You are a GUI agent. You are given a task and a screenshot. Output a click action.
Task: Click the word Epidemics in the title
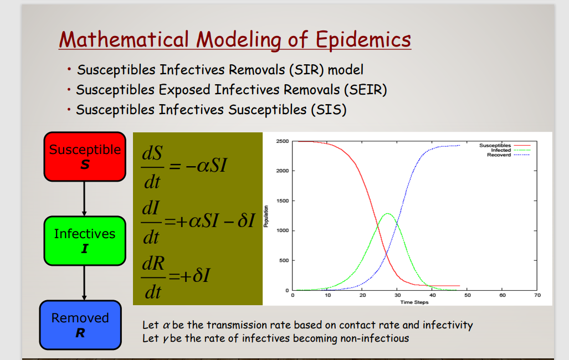point(363,40)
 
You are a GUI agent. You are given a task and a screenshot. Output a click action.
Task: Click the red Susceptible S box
point(85,157)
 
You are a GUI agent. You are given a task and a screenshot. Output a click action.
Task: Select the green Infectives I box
point(85,241)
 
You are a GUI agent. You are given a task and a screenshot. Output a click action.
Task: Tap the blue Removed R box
point(80,325)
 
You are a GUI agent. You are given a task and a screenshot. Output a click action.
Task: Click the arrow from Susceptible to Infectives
point(84,198)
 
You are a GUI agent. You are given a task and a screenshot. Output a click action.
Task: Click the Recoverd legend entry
point(499,155)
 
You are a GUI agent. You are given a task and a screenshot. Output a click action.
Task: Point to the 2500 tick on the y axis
point(282,142)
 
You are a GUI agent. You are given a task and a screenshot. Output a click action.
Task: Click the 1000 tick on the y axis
point(282,230)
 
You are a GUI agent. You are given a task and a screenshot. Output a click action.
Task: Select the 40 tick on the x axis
point(432,296)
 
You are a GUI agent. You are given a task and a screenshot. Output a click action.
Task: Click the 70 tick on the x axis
point(537,296)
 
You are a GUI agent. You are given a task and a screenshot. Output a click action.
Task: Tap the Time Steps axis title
point(414,302)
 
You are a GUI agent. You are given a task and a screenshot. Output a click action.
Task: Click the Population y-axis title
point(266,216)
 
